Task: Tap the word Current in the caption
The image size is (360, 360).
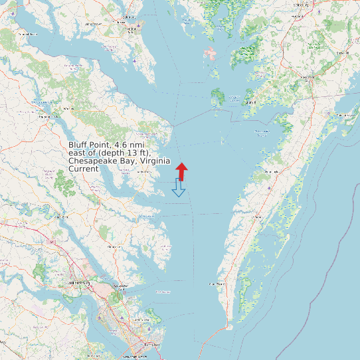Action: (84, 169)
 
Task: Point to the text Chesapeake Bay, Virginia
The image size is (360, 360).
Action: (120, 161)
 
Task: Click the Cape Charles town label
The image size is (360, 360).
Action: (217, 284)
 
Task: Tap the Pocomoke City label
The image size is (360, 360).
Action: (308, 77)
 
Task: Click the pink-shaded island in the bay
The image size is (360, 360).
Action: (211, 53)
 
